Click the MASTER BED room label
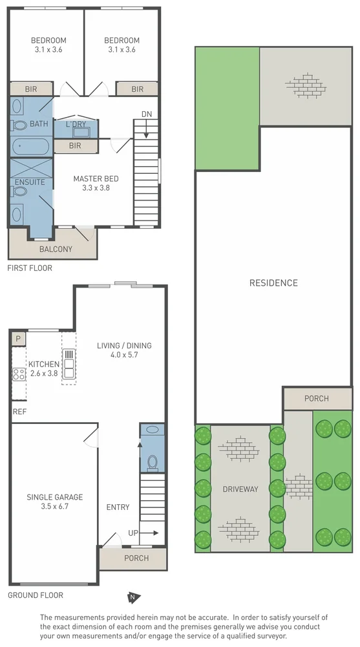coord(96,179)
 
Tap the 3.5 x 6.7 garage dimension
coord(54,507)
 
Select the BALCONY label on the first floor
coord(56,249)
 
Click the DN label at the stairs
coord(147,114)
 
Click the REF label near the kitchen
coord(19,410)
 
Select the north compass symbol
coord(132,597)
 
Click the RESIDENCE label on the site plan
coord(273,283)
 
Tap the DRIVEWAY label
coord(240,489)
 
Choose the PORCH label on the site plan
coord(317,399)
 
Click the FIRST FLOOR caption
coord(30,268)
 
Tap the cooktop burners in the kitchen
coord(18,373)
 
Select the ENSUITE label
coord(30,182)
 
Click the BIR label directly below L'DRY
coord(75,146)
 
